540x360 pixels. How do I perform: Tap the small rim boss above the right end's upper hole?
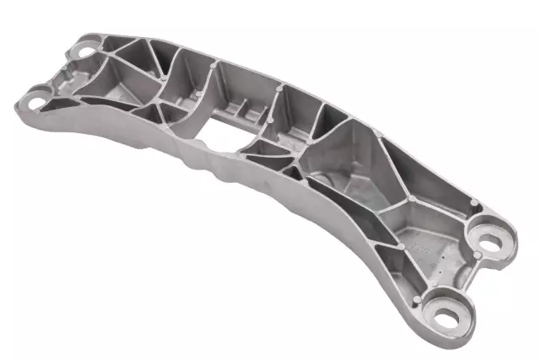pos(475,202)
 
